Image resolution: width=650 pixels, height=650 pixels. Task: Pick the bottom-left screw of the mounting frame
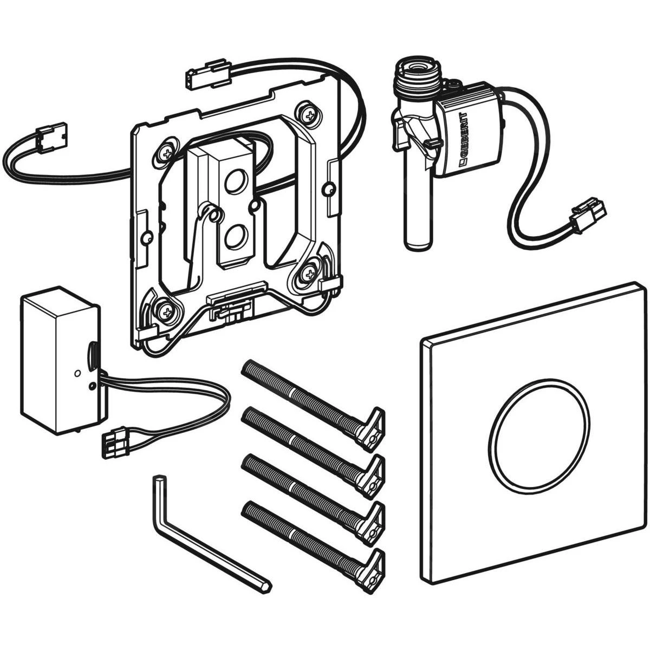[x=162, y=310]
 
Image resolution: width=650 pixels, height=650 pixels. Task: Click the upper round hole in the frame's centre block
[x=235, y=181]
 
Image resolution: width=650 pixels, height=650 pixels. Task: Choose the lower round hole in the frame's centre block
[x=236, y=237]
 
